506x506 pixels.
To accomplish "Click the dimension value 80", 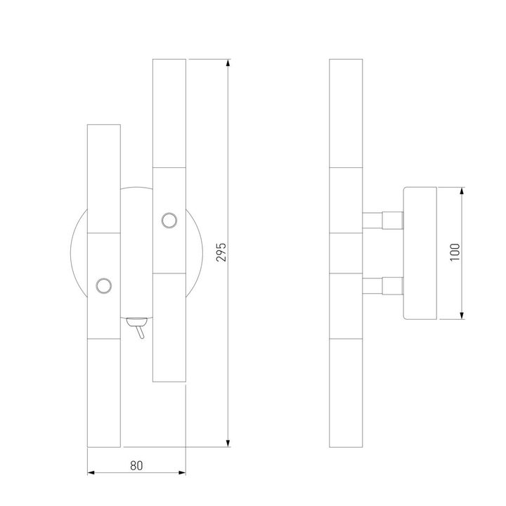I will (136, 465).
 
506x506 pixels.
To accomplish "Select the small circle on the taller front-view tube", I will (169, 221).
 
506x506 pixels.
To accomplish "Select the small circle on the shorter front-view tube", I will (104, 285).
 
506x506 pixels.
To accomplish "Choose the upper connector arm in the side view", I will (382, 220).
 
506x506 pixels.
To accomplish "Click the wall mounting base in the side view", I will (420, 252).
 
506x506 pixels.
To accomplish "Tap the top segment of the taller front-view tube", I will (169, 114).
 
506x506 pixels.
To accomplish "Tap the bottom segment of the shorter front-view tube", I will (103, 391).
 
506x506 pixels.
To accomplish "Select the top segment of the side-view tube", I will (346, 114).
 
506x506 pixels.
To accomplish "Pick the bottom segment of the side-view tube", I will (346, 391).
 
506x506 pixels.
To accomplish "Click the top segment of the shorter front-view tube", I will (103, 179).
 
